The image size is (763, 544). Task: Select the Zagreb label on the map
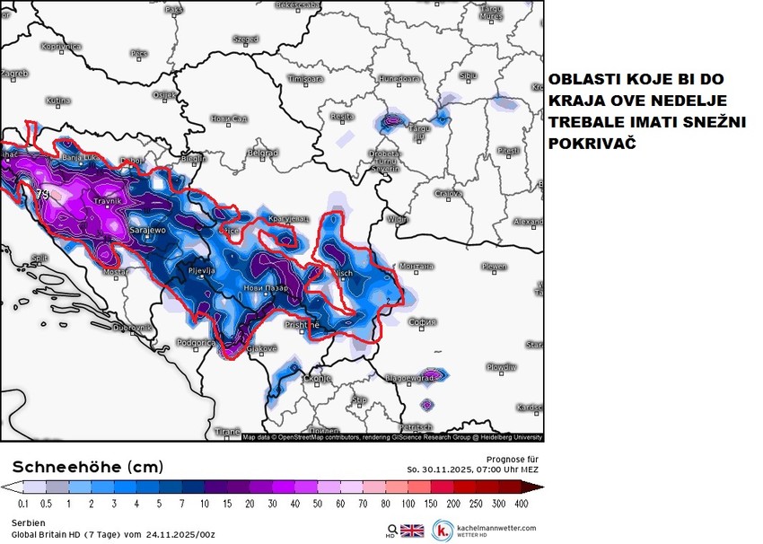coord(14,73)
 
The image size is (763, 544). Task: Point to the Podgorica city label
coord(195,342)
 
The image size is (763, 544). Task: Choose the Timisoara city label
coord(305,79)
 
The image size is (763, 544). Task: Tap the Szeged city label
coord(245,39)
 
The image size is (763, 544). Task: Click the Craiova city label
coord(448,193)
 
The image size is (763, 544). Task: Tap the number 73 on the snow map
coord(42,194)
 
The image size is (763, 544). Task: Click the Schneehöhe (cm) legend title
coord(88,467)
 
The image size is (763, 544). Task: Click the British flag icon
coord(412,530)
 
